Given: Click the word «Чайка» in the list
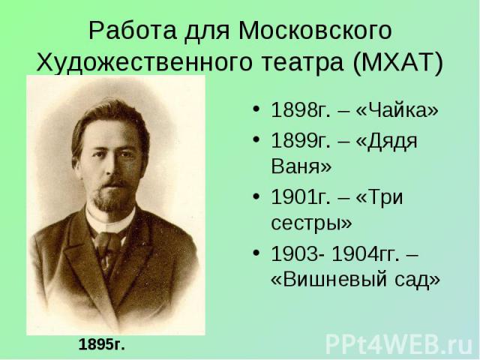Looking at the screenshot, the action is pyautogui.click(x=397, y=109).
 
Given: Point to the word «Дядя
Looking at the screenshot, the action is pyautogui.click(x=387, y=142).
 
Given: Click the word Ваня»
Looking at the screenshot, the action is pyautogui.click(x=301, y=166).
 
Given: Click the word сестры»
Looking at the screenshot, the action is pyautogui.click(x=312, y=223).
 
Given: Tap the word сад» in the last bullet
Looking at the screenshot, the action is pyautogui.click(x=417, y=280).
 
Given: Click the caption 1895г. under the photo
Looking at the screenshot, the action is pyautogui.click(x=102, y=345).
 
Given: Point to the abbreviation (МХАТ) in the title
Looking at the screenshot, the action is pyautogui.click(x=398, y=62).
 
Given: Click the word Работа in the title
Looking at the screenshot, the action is pyautogui.click(x=133, y=31).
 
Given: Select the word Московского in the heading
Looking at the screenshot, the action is pyautogui.click(x=315, y=31).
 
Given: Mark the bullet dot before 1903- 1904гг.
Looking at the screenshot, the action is pyautogui.click(x=256, y=253).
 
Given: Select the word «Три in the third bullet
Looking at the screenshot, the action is pyautogui.click(x=379, y=196).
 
